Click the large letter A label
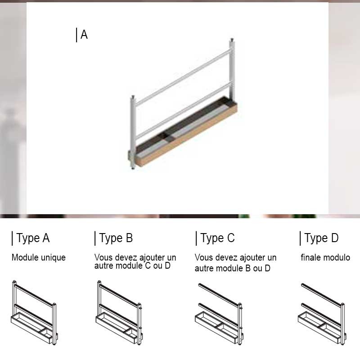(84, 35)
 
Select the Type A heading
(33, 238)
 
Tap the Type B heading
(116, 238)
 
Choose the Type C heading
(218, 238)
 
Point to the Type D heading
(321, 238)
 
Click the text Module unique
(39, 257)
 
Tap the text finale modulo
(325, 257)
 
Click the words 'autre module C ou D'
(132, 266)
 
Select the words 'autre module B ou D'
(233, 268)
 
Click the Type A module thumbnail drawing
(34, 313)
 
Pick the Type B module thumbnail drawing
(119, 313)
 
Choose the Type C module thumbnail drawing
(220, 314)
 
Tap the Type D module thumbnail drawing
(322, 314)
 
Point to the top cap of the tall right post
(232, 40)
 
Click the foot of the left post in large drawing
(133, 168)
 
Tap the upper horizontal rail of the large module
(183, 77)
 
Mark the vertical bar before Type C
(196, 238)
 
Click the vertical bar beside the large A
(76, 35)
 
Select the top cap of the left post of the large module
(133, 97)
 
